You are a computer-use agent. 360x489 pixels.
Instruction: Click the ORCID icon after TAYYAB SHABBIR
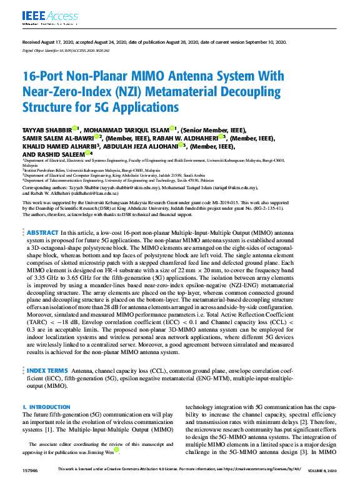[x=76, y=128]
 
